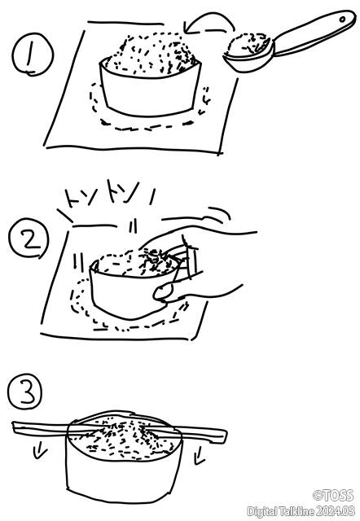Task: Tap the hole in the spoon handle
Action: coord(342,20)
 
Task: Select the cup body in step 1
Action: coord(150,90)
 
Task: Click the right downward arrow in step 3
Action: coord(200,455)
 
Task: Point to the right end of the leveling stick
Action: coord(226,436)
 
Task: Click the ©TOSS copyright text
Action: coord(333,496)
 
